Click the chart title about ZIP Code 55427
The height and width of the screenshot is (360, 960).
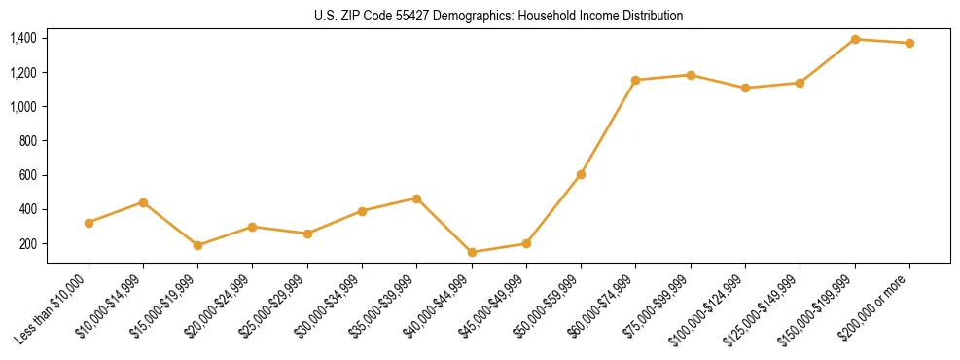click(x=497, y=16)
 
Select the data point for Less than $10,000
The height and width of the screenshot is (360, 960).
click(x=89, y=223)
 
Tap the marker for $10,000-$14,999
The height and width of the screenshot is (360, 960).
click(x=143, y=202)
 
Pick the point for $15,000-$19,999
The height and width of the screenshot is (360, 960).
click(x=198, y=245)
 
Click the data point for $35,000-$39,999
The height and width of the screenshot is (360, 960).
click(x=417, y=198)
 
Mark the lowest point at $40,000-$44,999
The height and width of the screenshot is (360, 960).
click(x=472, y=252)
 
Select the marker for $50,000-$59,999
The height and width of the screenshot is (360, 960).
click(x=581, y=174)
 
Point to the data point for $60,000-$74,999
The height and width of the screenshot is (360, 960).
click(x=635, y=80)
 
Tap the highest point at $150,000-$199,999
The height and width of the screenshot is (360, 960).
click(x=855, y=39)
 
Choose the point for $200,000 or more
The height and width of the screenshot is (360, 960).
click(x=909, y=43)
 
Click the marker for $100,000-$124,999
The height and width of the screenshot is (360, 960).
click(x=745, y=88)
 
